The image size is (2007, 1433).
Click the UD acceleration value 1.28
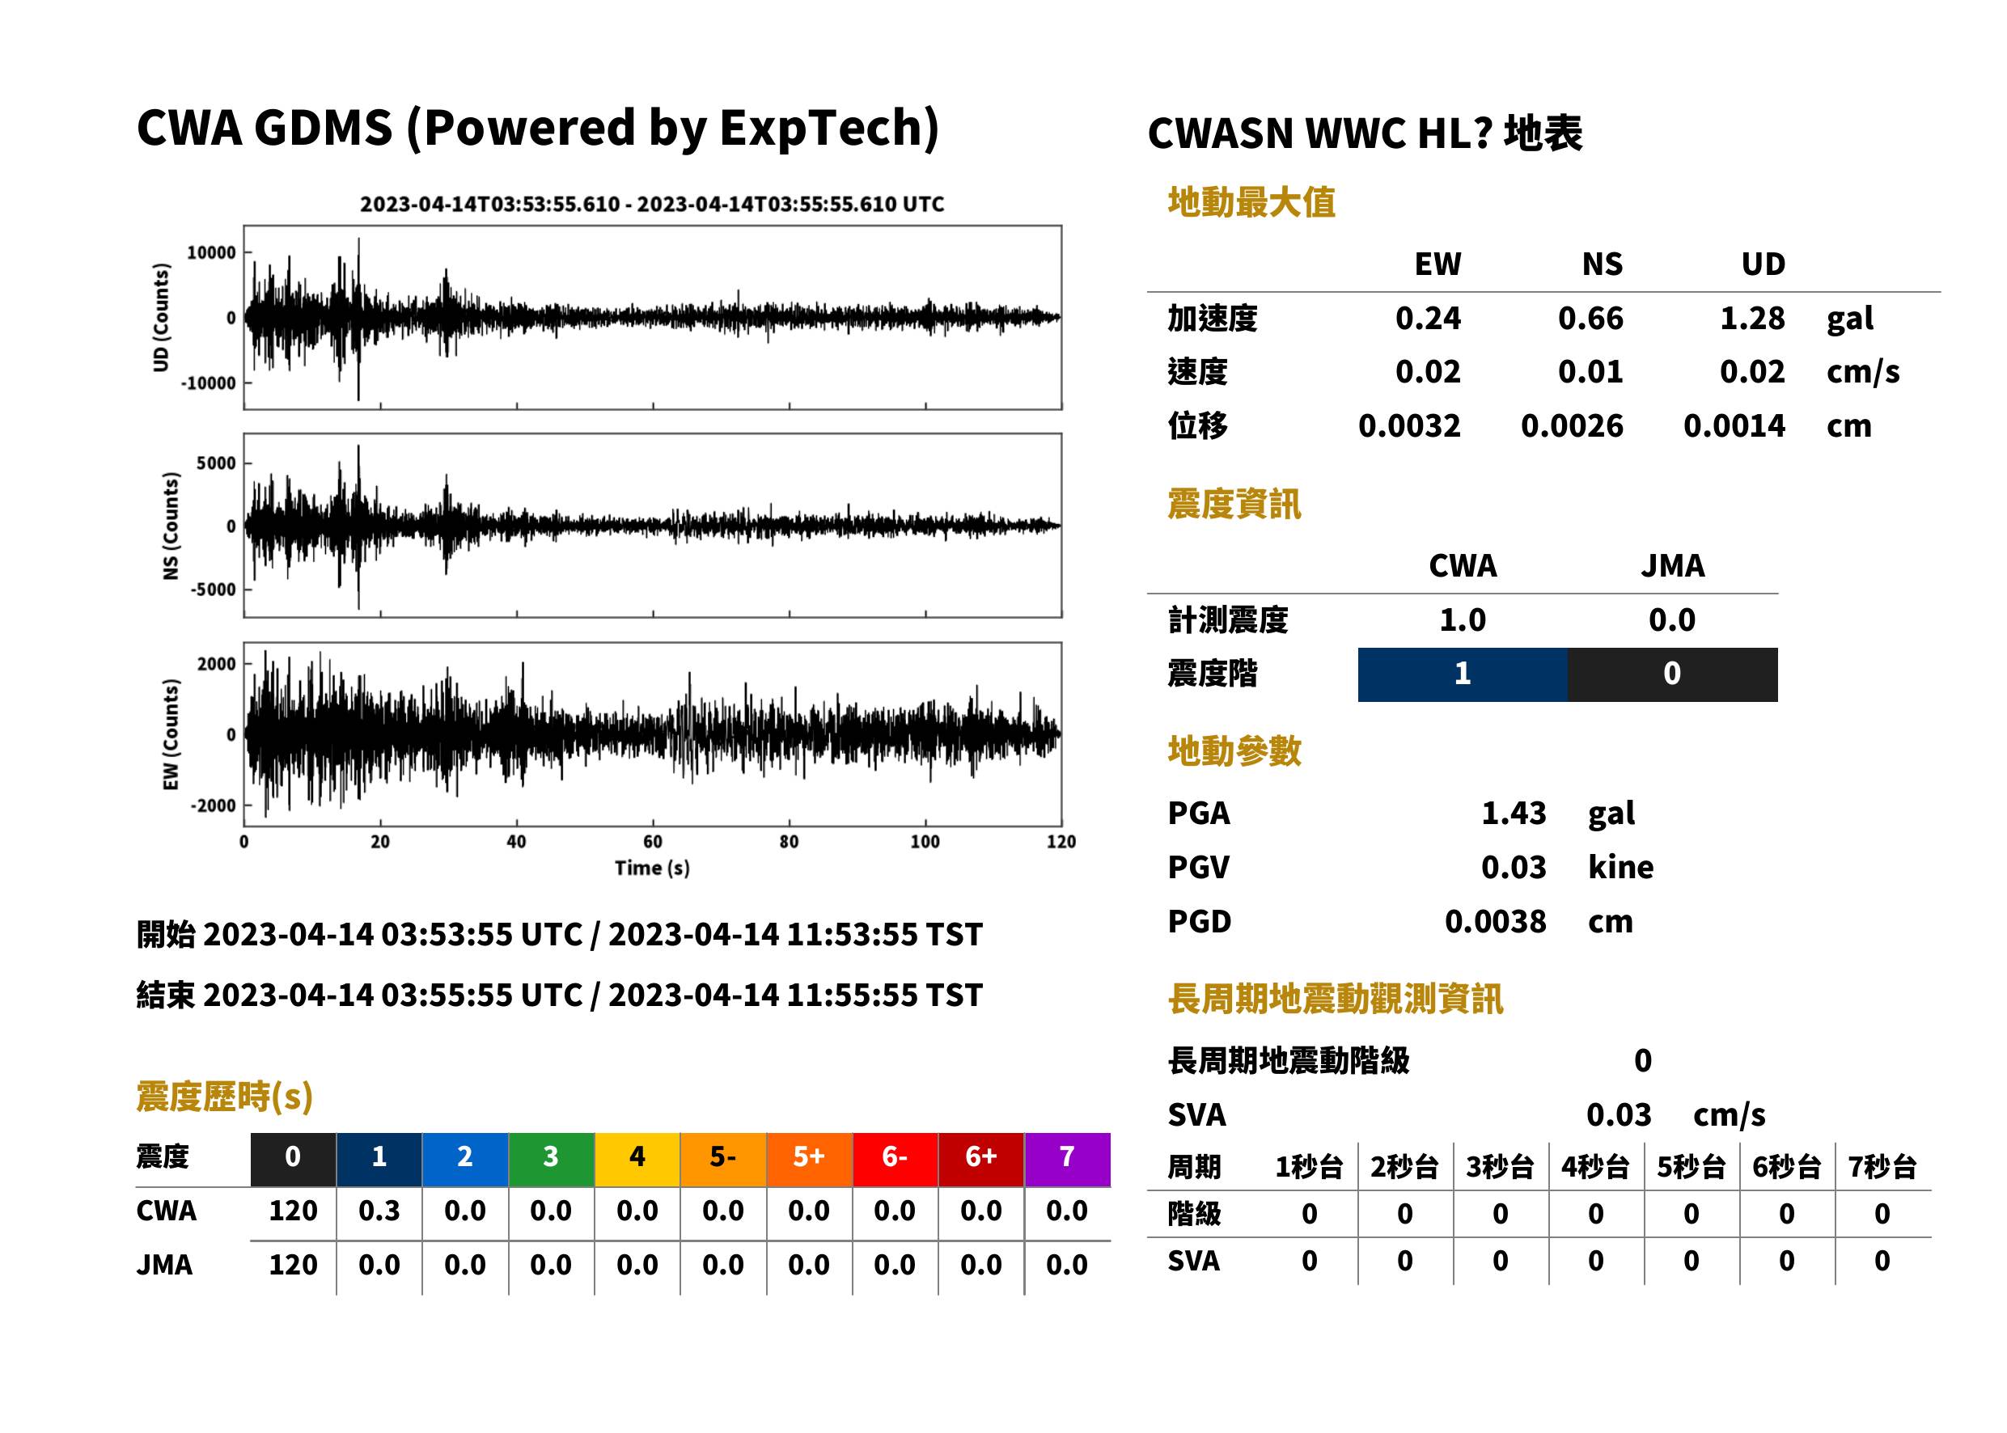(x=1752, y=319)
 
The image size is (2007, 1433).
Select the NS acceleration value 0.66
(x=1590, y=319)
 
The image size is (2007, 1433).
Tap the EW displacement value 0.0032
(x=1409, y=426)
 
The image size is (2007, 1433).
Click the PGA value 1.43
(x=1514, y=813)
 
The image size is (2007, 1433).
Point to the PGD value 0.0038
(x=1495, y=922)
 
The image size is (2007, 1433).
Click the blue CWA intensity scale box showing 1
(x=1463, y=675)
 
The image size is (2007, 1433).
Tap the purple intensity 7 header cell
(x=1067, y=1160)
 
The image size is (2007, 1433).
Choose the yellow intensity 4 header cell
(x=637, y=1160)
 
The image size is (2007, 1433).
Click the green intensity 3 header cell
(x=551, y=1160)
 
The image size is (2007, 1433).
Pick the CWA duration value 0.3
(x=379, y=1211)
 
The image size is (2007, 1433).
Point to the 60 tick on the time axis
(x=652, y=842)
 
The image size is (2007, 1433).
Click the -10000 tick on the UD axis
(x=208, y=383)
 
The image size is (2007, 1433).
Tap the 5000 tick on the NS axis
(x=216, y=463)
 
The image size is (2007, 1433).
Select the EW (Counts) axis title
(x=171, y=734)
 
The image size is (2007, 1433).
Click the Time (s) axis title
(x=652, y=869)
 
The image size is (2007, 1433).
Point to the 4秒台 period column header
(x=1594, y=1168)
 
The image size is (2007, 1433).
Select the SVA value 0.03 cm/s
(x=1675, y=1115)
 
